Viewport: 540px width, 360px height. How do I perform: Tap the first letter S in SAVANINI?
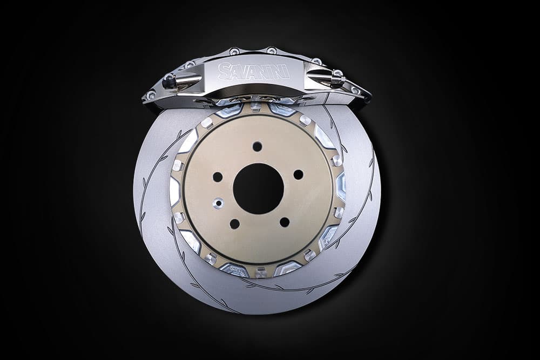tap(224, 71)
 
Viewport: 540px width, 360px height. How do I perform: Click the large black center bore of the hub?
tap(258, 188)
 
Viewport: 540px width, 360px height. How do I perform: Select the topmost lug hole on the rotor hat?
tap(257, 146)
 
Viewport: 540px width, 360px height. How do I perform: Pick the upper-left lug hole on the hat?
tap(218, 177)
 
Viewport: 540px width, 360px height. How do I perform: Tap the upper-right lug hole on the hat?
tap(298, 175)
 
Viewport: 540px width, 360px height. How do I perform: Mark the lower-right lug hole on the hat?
tap(285, 222)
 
